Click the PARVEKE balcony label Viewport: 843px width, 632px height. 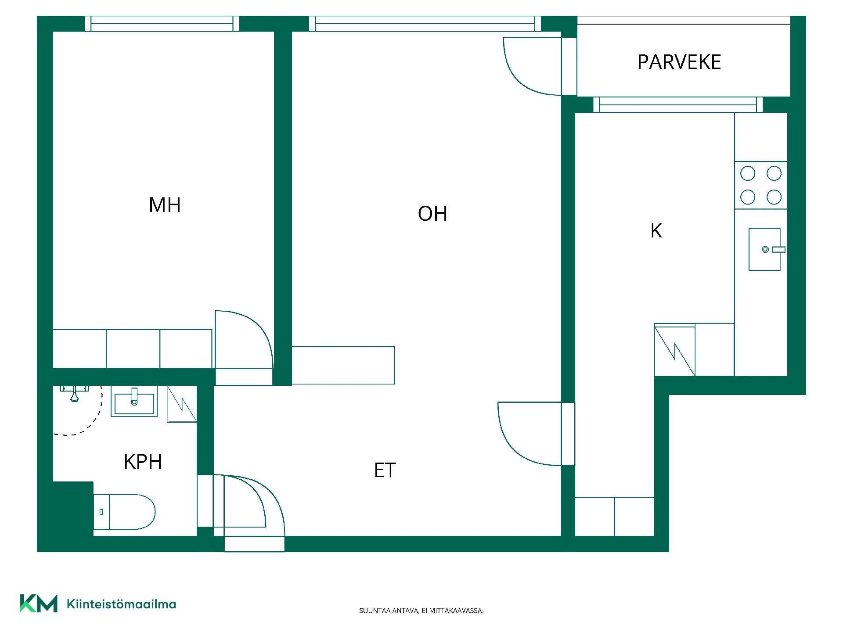tap(679, 62)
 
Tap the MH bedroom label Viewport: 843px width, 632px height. tap(165, 205)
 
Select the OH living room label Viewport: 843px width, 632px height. tap(432, 214)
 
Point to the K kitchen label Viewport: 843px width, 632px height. tap(656, 230)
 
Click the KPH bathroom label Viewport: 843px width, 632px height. tap(143, 462)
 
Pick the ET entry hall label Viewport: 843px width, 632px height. tap(385, 470)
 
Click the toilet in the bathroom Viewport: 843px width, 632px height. tap(125, 512)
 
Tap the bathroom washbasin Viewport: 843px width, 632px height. tap(134, 401)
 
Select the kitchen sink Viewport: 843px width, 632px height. tap(765, 249)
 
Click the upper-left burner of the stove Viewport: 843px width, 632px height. tap(748, 173)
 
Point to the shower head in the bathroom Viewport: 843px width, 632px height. tap(75, 395)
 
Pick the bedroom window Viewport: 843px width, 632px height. tap(162, 24)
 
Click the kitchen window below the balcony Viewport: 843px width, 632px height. tap(678, 104)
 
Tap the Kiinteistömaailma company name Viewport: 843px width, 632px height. tap(121, 604)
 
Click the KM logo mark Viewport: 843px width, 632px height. tap(39, 603)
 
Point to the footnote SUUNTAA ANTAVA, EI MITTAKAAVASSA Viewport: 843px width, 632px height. tap(421, 610)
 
